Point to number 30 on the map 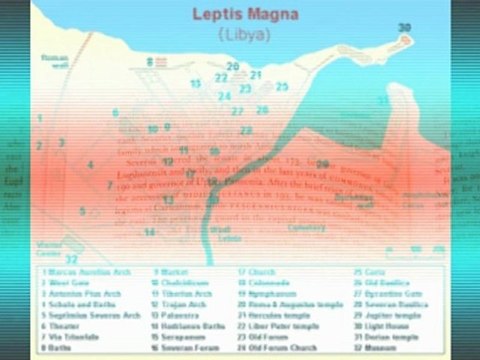[404, 27]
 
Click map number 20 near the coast [233, 67]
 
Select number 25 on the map [282, 87]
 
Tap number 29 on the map [322, 164]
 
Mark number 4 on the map [90, 165]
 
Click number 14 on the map [149, 232]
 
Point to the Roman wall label [53, 60]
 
